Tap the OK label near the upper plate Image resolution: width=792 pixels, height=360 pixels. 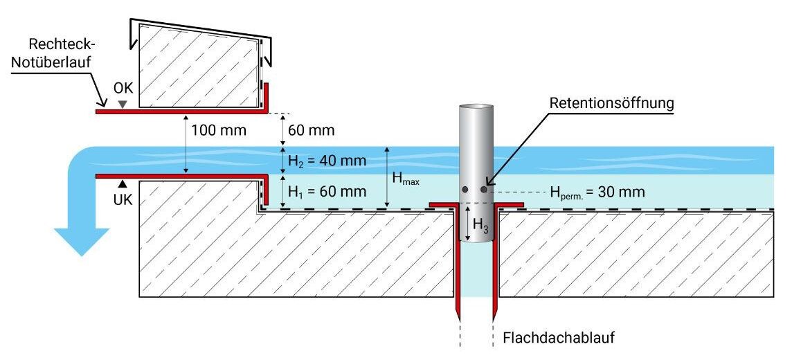coord(123,89)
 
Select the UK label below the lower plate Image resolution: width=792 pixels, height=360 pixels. coord(123,199)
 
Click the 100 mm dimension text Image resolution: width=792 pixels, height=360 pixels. coord(218,130)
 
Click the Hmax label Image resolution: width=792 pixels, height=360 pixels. coord(406,179)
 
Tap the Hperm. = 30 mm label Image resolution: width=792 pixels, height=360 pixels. coord(597,192)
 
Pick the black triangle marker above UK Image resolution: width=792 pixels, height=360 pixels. coord(123,183)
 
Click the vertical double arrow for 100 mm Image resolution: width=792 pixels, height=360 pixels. coord(186,144)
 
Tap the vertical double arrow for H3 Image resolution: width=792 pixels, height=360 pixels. coord(468,222)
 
